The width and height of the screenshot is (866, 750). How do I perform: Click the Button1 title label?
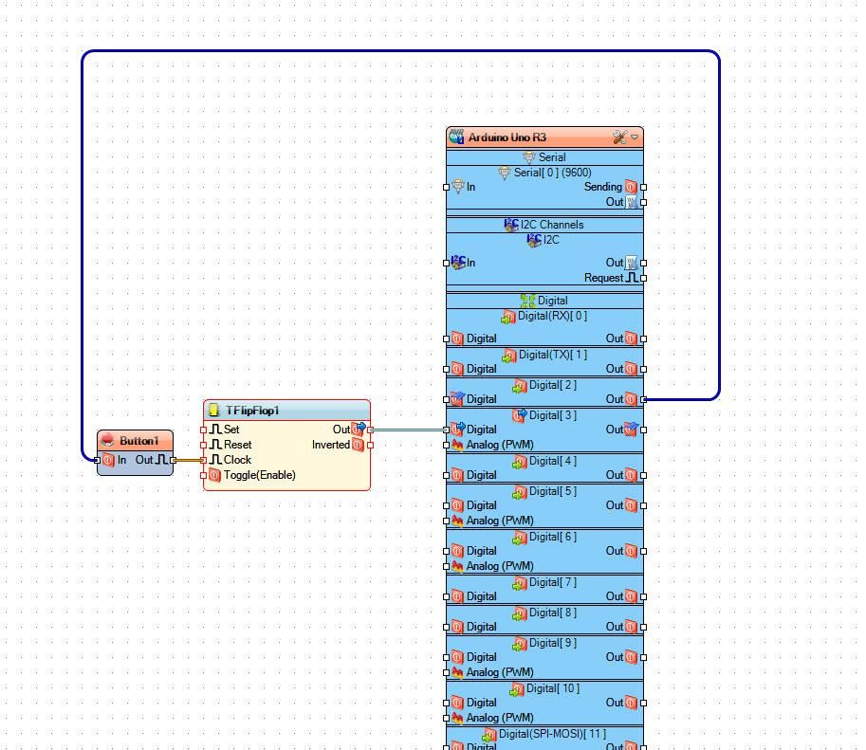point(139,441)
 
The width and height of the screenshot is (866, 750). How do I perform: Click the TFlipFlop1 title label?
point(252,411)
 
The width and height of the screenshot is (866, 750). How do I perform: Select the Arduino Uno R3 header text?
point(507,137)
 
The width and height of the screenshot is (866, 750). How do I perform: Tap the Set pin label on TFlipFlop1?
point(231,430)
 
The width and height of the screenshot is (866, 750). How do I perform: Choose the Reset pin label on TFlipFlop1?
point(237,445)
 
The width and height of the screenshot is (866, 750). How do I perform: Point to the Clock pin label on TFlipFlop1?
point(237,460)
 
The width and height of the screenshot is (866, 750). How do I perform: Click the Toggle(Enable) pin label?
point(260,475)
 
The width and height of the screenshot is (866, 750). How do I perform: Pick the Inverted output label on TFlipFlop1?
point(331,445)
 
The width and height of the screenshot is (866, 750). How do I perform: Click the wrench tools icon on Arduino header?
point(620,137)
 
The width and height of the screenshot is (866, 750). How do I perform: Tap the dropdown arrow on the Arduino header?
point(636,137)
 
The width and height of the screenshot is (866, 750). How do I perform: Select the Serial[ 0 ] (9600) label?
point(552,173)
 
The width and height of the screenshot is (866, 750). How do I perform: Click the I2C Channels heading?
point(552,225)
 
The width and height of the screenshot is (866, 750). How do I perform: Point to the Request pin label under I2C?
point(603,278)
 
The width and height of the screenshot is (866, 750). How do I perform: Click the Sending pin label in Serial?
point(603,187)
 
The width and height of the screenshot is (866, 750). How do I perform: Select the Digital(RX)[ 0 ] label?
point(552,316)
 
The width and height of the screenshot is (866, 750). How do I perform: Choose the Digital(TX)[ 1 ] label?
point(553,355)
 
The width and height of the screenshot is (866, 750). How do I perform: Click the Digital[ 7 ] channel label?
point(553,582)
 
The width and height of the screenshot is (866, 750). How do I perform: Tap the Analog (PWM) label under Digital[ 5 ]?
point(500,521)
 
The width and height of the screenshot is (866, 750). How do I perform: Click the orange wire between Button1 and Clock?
point(189,460)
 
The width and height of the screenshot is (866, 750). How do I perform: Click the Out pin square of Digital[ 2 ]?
point(643,399)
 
